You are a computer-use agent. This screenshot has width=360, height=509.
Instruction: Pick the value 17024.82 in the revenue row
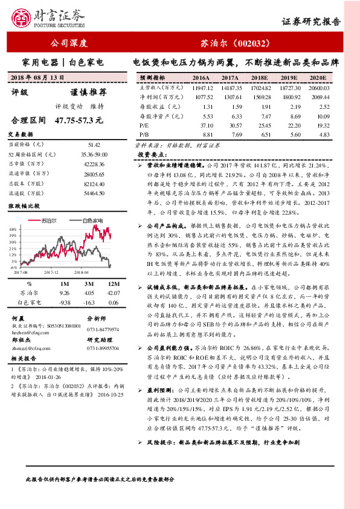tap(261, 88)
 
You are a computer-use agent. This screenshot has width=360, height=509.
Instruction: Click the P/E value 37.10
tap(203, 124)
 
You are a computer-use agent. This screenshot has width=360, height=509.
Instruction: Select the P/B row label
tap(143, 134)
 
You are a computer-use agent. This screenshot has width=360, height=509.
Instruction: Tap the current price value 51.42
tap(94, 145)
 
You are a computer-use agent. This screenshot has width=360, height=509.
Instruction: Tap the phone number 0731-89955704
tap(103, 349)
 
